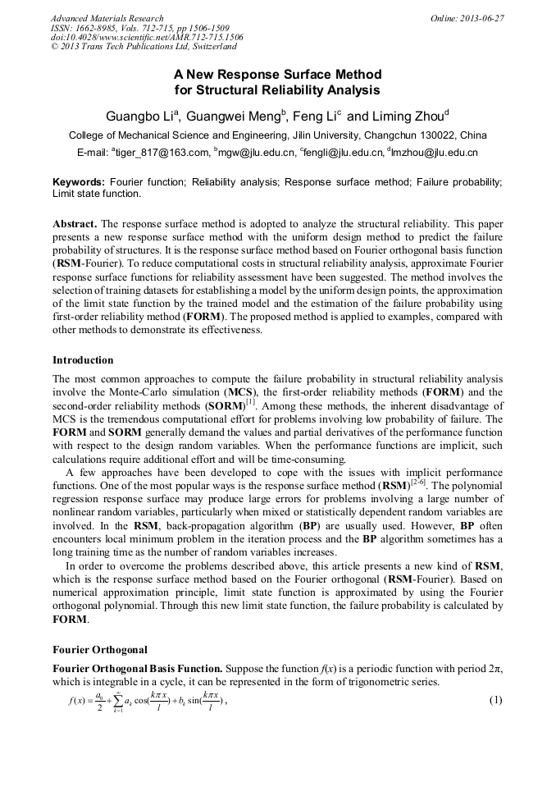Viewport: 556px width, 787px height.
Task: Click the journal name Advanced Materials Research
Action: (107, 18)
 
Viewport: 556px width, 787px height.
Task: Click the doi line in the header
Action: (147, 38)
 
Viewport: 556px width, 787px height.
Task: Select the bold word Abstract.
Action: (75, 224)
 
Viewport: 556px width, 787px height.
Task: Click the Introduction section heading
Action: (83, 360)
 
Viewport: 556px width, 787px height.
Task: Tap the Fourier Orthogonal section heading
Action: (100, 650)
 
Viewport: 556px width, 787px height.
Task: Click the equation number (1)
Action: (494, 700)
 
